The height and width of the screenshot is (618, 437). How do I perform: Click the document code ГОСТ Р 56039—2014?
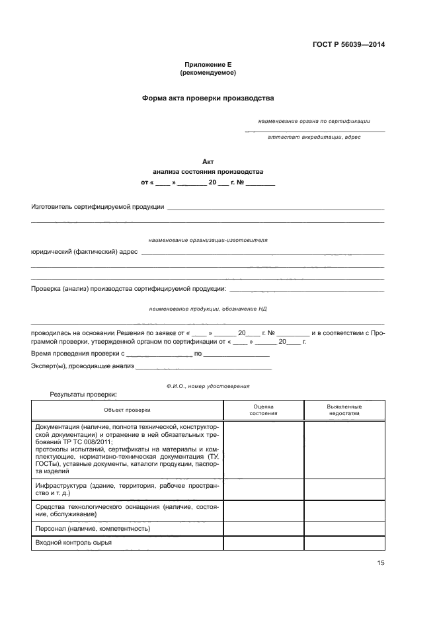(348, 45)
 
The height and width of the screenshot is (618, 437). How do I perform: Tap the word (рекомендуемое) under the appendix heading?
(208, 73)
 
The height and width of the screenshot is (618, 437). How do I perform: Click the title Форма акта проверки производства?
(208, 98)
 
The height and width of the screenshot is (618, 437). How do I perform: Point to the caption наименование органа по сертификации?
(314, 121)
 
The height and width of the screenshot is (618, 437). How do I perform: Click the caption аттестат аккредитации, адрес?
(314, 137)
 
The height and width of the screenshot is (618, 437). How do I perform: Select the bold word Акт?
(208, 161)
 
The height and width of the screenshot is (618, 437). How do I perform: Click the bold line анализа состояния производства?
(208, 171)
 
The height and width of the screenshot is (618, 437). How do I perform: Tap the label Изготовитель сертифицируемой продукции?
(98, 207)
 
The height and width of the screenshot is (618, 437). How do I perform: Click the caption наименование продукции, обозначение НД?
(208, 309)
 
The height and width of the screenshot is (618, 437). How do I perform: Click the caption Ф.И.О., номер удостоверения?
(208, 385)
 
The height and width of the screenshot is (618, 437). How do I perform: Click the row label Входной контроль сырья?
(73, 543)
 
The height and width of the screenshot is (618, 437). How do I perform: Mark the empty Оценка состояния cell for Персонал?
(264, 529)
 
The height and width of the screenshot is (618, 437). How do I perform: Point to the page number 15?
(380, 563)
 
